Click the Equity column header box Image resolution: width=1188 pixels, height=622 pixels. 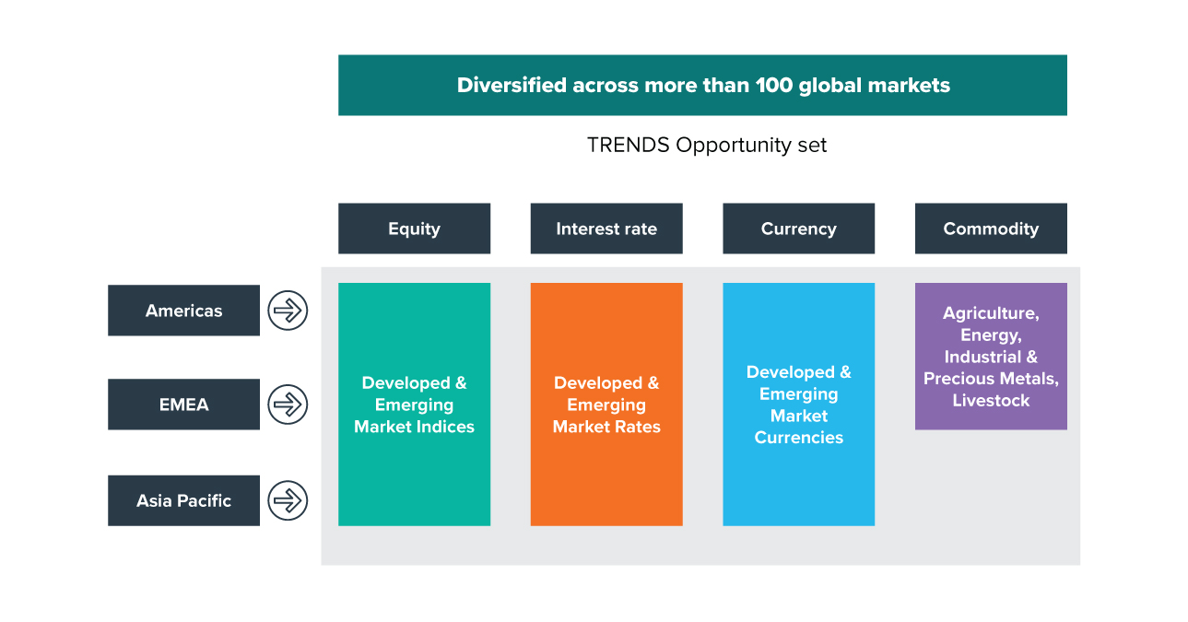coord(414,229)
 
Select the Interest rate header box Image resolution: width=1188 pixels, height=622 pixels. coord(606,229)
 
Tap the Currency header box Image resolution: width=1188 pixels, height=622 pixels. coord(799,229)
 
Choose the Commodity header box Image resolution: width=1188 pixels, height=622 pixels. coord(991,229)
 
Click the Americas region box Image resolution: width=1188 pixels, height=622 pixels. coord(184,311)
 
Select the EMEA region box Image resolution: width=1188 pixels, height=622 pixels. coord(184,404)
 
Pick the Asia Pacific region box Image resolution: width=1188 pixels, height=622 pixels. coord(184,500)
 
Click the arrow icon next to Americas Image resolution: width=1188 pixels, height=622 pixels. coord(288,311)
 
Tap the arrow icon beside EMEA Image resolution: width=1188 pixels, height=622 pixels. coord(288,404)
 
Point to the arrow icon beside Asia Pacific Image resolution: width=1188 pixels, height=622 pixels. coord(288,500)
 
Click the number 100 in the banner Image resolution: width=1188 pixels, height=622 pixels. coord(774,86)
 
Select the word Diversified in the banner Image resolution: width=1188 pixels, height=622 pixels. coord(512,86)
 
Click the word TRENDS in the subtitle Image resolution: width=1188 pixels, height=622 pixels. coord(629,145)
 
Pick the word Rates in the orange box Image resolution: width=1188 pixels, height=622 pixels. coord(637,427)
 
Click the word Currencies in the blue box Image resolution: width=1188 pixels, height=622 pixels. coord(799,438)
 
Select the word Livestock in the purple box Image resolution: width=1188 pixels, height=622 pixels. coord(991,400)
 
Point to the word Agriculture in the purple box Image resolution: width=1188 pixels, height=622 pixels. coord(991,314)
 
